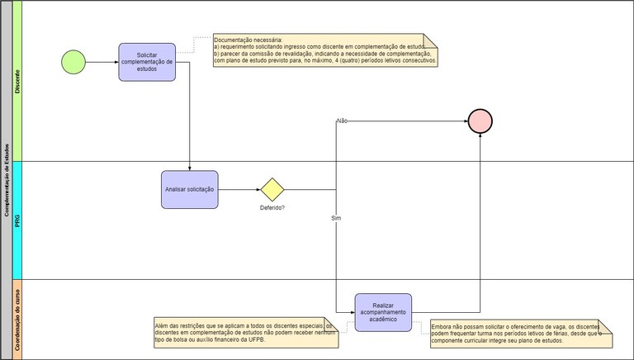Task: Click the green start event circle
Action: [73, 62]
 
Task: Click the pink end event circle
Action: [480, 121]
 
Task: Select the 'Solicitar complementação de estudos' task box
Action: [147, 62]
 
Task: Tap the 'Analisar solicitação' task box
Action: [189, 189]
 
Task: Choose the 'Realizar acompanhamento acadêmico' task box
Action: [383, 313]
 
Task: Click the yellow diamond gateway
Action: [272, 189]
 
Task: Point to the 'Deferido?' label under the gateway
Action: [272, 208]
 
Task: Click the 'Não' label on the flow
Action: [342, 121]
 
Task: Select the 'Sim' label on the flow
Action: [336, 218]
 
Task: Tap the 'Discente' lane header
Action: [18, 80]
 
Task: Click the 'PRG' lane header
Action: [18, 220]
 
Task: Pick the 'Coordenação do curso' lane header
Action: [18, 319]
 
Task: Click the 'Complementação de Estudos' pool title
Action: [7, 180]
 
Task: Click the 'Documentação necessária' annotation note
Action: [325, 50]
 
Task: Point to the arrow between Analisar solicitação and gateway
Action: [239, 189]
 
